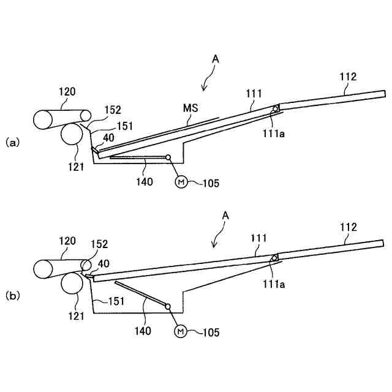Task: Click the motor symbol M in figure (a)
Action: coord(181,182)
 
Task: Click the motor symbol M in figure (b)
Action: coord(181,331)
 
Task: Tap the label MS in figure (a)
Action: coord(190,108)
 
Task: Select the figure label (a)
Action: coord(13,143)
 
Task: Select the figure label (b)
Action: coord(13,295)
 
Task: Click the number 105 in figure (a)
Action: coord(209,183)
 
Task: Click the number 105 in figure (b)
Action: coord(209,333)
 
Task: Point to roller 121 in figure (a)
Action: coord(72,135)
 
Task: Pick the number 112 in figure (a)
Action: coord(348,77)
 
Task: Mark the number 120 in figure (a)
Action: coord(67,92)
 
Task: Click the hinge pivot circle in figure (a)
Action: coord(276,109)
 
